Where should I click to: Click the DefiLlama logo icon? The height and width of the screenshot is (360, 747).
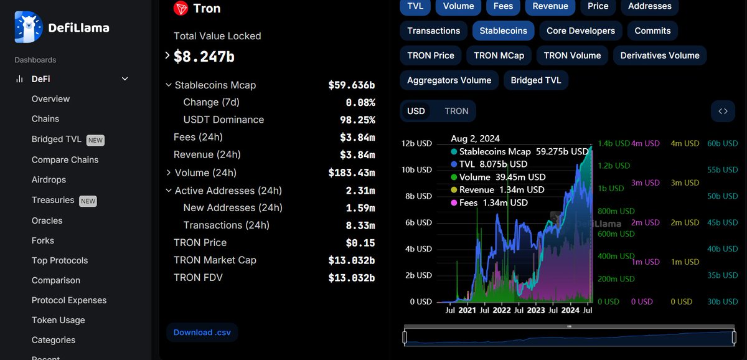pyautogui.click(x=29, y=27)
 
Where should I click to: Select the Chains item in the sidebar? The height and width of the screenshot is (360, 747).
pyautogui.click(x=45, y=119)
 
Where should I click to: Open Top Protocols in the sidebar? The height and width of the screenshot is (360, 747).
pyautogui.click(x=60, y=260)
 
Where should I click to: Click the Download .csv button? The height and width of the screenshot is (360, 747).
pyautogui.click(x=202, y=333)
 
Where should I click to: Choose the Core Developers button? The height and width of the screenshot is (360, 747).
pyautogui.click(x=580, y=31)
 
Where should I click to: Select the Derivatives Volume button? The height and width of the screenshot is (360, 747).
pyautogui.click(x=660, y=55)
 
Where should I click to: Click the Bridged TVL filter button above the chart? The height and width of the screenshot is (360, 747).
pyautogui.click(x=535, y=80)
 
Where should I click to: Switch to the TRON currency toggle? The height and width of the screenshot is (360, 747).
pyautogui.click(x=456, y=111)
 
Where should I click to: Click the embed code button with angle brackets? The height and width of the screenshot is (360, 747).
pyautogui.click(x=723, y=111)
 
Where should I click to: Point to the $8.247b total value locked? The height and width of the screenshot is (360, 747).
pyautogui.click(x=204, y=57)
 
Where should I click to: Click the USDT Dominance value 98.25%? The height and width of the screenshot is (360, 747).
pyautogui.click(x=360, y=120)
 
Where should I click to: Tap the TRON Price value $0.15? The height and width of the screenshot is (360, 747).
pyautogui.click(x=360, y=243)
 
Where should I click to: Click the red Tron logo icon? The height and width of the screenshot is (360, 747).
pyautogui.click(x=181, y=8)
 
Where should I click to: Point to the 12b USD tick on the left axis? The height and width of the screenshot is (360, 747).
pyautogui.click(x=416, y=143)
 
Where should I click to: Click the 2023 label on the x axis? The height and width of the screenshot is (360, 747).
pyautogui.click(x=535, y=310)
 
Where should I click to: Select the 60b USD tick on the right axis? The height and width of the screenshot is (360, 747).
pyautogui.click(x=722, y=143)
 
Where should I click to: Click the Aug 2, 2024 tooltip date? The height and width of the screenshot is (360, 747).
pyautogui.click(x=475, y=138)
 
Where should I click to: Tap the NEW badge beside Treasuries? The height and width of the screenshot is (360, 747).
pyautogui.click(x=88, y=201)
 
